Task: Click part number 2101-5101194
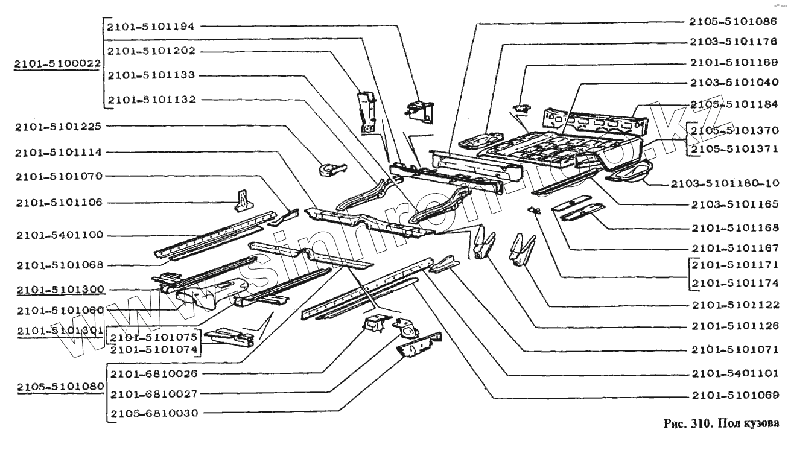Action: (x=151, y=27)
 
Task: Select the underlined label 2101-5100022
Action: (x=58, y=63)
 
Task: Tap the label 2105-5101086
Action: (x=734, y=21)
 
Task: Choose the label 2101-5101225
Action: (x=59, y=127)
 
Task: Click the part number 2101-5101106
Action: (x=59, y=202)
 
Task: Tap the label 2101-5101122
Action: (x=735, y=305)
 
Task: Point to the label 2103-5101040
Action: (x=734, y=82)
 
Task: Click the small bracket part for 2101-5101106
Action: (x=243, y=200)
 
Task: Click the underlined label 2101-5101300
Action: (x=59, y=290)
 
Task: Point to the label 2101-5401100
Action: (x=59, y=235)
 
